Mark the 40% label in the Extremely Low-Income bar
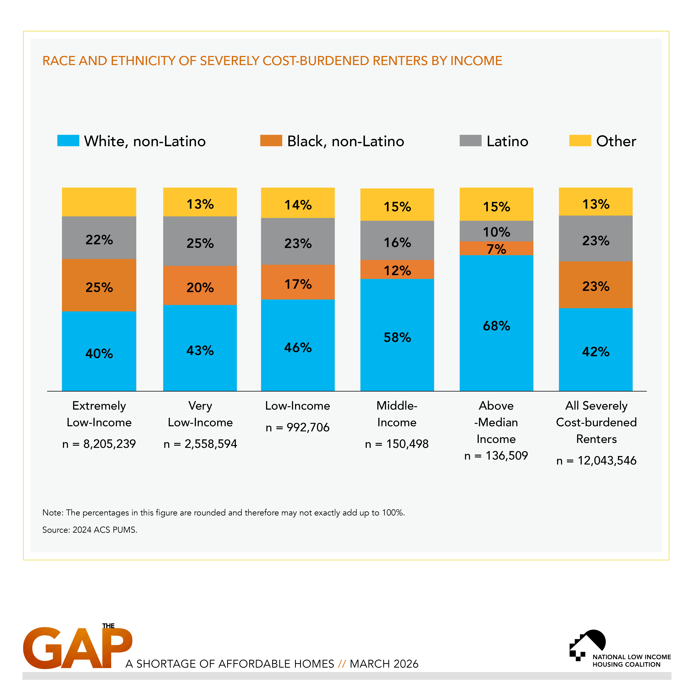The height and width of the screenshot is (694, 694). [x=99, y=353]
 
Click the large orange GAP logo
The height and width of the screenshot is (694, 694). [x=77, y=648]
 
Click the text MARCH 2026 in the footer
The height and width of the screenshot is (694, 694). [x=384, y=664]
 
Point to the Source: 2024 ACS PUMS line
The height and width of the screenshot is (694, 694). [x=90, y=530]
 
